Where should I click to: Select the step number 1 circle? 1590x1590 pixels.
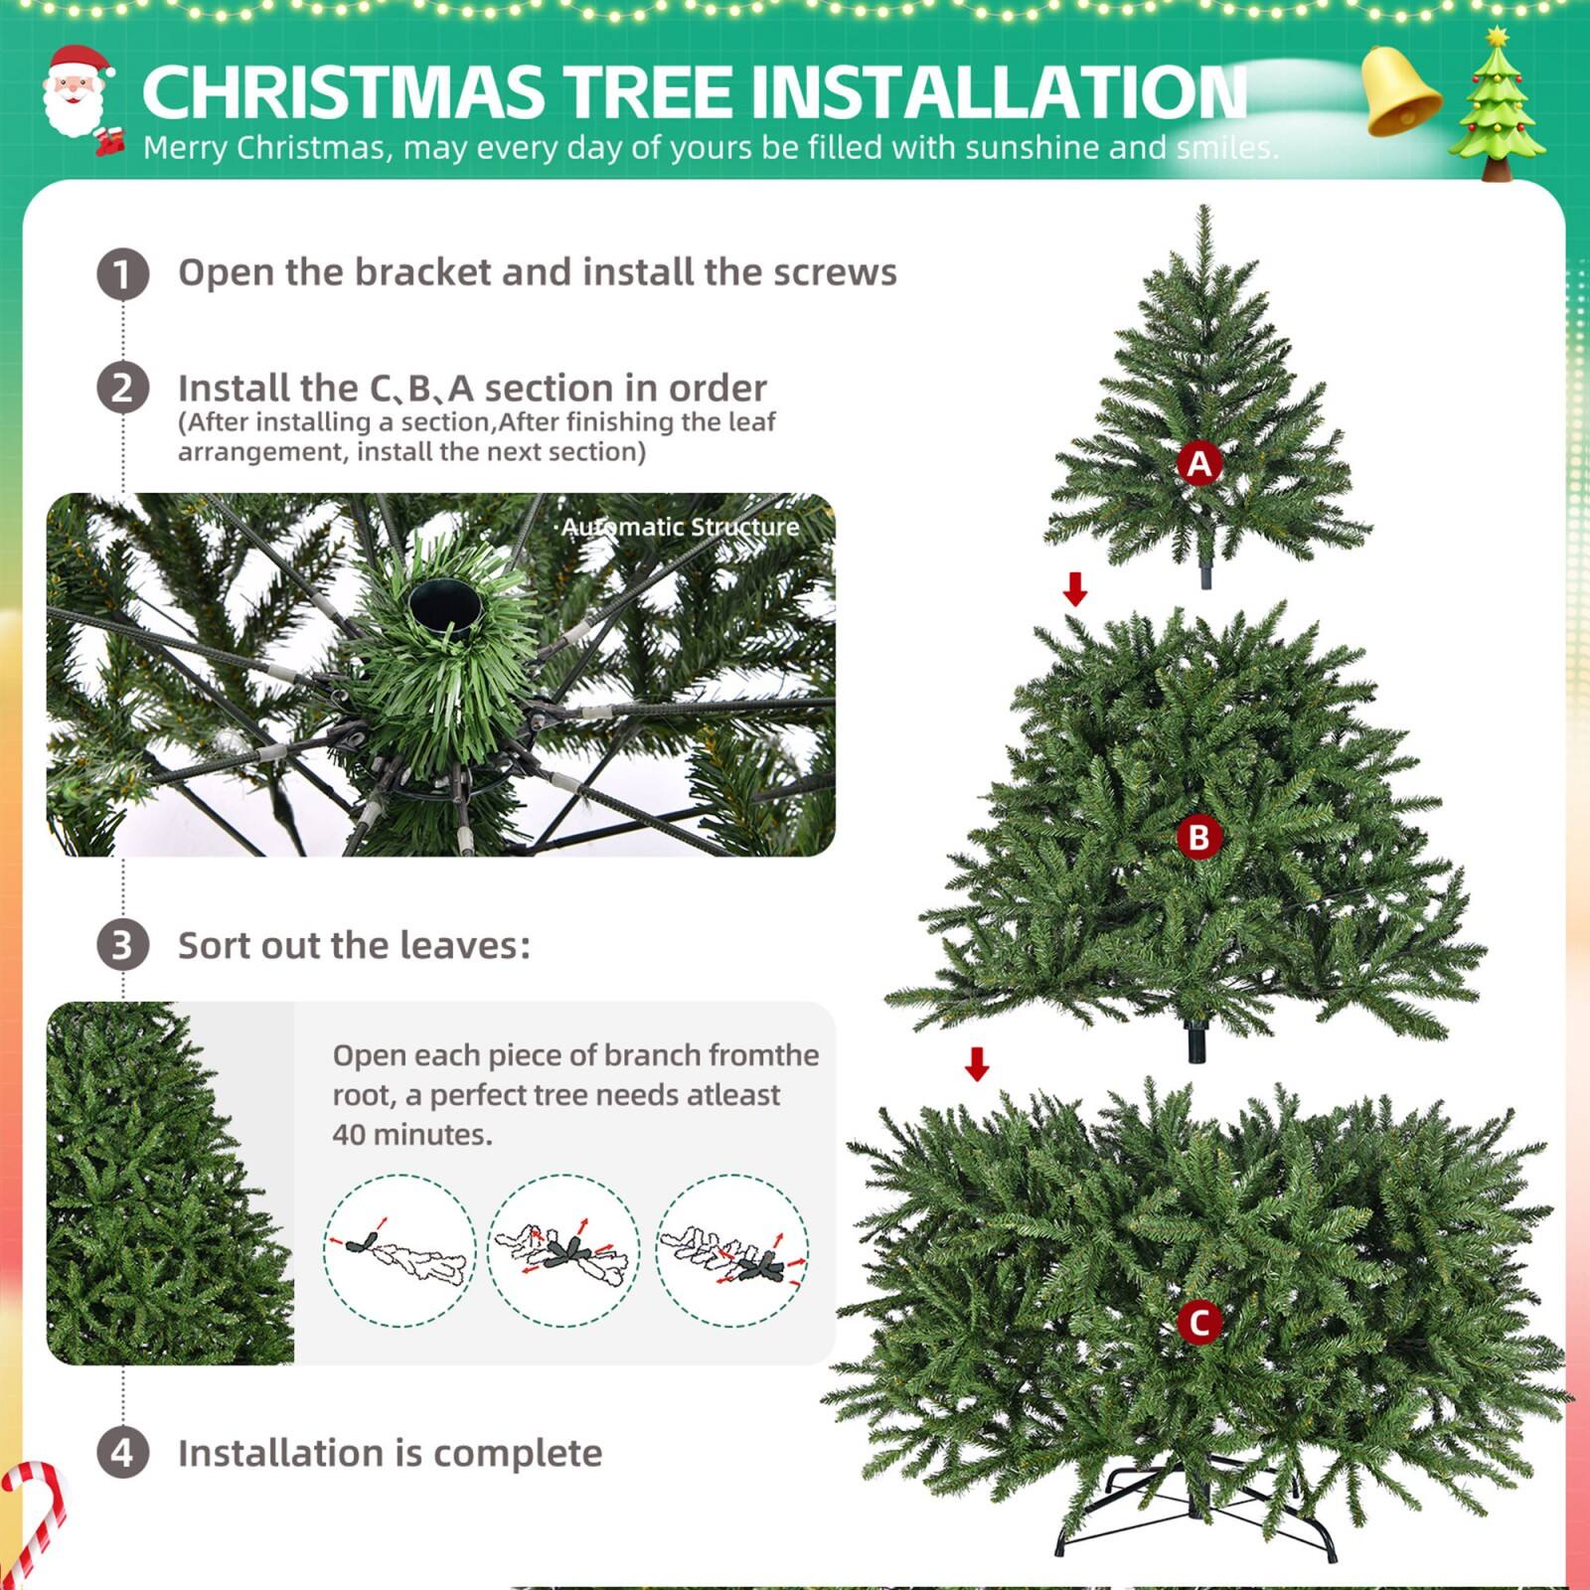point(123,273)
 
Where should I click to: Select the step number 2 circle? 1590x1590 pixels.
point(123,388)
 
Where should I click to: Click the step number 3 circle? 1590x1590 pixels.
point(123,945)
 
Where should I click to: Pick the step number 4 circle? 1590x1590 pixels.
point(123,1453)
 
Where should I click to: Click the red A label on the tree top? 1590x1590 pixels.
point(1199,464)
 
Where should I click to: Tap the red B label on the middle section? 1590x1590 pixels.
point(1198,838)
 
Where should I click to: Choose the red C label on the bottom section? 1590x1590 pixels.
point(1199,1323)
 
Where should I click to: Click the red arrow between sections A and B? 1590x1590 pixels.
point(1075,589)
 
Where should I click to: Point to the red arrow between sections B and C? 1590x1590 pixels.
point(978,1064)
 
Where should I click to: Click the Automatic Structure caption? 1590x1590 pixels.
point(680,527)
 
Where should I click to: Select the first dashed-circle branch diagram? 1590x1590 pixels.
point(399,1250)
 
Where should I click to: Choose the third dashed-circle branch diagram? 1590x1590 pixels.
point(732,1250)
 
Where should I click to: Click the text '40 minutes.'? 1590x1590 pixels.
point(412,1134)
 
